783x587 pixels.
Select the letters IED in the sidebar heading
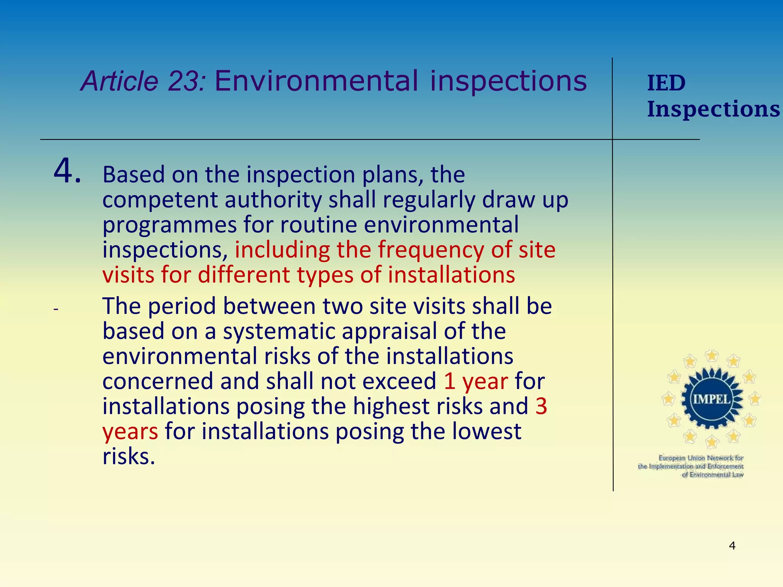pyautogui.click(x=666, y=83)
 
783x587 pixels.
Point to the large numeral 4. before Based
pyautogui.click(x=67, y=171)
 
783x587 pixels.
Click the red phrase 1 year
pyautogui.click(x=476, y=381)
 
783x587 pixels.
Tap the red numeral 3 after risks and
pyautogui.click(x=541, y=406)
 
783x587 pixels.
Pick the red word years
pyautogui.click(x=130, y=432)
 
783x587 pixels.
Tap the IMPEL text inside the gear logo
pyautogui.click(x=712, y=399)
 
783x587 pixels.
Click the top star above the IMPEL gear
pyautogui.click(x=712, y=356)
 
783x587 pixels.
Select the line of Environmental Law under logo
pyautogui.click(x=713, y=475)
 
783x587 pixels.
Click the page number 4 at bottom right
pyautogui.click(x=732, y=546)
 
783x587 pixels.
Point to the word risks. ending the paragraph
pyautogui.click(x=129, y=457)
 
